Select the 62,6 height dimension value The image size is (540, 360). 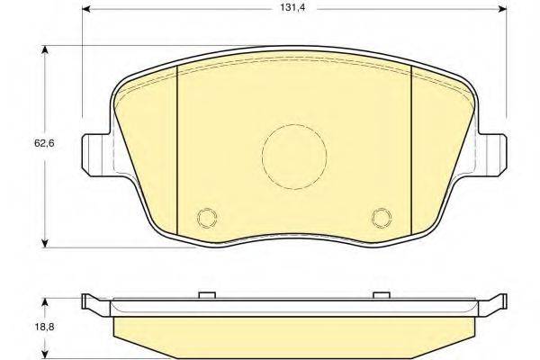(x=44, y=143)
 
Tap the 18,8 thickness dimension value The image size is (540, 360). (x=44, y=327)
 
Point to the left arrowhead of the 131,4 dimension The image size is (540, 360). (x=86, y=8)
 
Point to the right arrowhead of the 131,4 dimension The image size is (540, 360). (x=503, y=8)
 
